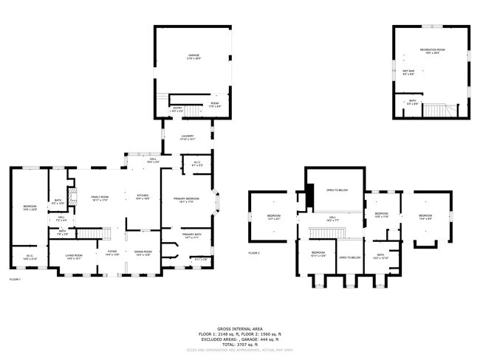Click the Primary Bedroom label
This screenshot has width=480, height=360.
(x=185, y=200)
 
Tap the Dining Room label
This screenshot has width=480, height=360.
(x=143, y=254)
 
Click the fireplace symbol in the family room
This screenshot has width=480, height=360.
(x=73, y=198)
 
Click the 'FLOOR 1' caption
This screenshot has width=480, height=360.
(x=15, y=280)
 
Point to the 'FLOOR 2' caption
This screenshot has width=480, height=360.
(x=254, y=253)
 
